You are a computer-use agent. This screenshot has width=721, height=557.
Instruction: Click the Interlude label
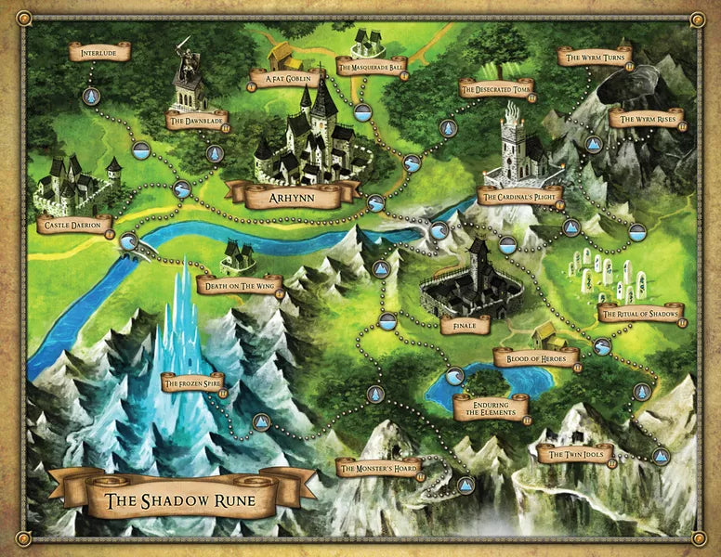[x=98, y=52]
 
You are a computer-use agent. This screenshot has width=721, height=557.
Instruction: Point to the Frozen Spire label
[x=192, y=382]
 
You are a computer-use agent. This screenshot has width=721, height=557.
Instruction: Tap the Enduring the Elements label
[x=491, y=407]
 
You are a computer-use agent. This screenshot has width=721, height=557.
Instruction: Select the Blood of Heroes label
[x=536, y=356]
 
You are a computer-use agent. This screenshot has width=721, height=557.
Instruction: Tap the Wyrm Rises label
[x=647, y=120]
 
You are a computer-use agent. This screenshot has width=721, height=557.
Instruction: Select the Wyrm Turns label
[x=594, y=58]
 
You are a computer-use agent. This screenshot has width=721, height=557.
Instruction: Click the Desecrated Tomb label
[x=497, y=88]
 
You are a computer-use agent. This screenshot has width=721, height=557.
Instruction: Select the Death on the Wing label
[x=240, y=284]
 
